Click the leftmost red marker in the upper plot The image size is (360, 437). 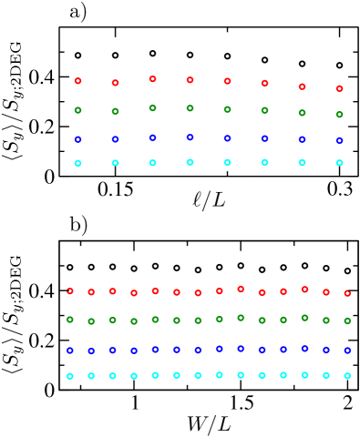pyautogui.click(x=77, y=81)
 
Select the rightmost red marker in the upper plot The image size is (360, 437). pyautogui.click(x=339, y=88)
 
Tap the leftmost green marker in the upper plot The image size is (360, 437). pyautogui.click(x=77, y=110)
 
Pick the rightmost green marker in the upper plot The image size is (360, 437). pyautogui.click(x=339, y=115)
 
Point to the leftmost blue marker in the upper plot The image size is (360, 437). pyautogui.click(x=77, y=139)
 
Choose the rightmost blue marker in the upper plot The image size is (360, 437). pyautogui.click(x=339, y=140)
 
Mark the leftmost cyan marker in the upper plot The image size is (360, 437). pyautogui.click(x=77, y=163)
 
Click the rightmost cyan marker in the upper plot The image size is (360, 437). pyautogui.click(x=339, y=163)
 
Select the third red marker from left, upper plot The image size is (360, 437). pyautogui.click(x=152, y=79)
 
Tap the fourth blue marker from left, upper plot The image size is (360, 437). pyautogui.click(x=190, y=137)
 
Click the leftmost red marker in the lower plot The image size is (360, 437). pyautogui.click(x=70, y=291)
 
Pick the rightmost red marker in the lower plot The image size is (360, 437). pyautogui.click(x=347, y=293)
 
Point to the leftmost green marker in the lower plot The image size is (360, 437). pyautogui.click(x=70, y=320)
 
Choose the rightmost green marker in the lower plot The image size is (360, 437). pyautogui.click(x=347, y=320)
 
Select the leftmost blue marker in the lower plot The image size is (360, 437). pyautogui.click(x=70, y=351)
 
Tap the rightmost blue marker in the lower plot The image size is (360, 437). pyautogui.click(x=347, y=351)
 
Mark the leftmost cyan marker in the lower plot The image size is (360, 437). pyautogui.click(x=70, y=376)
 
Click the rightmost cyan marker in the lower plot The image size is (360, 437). pyautogui.click(x=347, y=375)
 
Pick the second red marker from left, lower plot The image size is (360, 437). pyautogui.click(x=91, y=292)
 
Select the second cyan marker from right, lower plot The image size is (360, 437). pyautogui.click(x=325, y=375)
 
